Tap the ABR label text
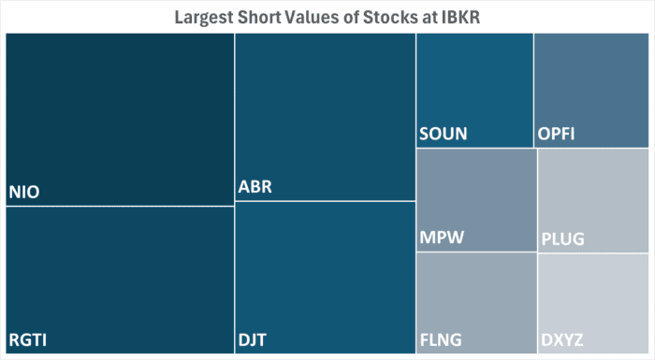pos(256,187)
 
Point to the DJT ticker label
pos(255,339)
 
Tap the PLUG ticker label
pos(562,239)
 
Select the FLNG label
pos(441,339)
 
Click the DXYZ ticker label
pos(564,339)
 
